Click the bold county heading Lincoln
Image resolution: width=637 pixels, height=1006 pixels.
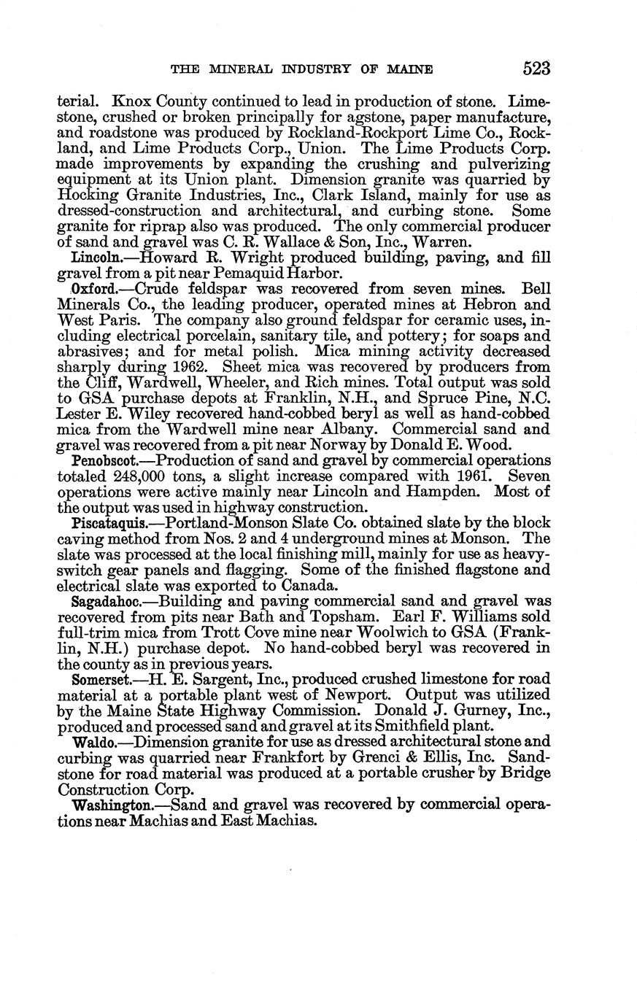coord(93,258)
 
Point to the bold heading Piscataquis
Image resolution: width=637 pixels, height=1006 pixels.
coord(104,523)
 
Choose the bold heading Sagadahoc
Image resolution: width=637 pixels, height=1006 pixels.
coord(103,602)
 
